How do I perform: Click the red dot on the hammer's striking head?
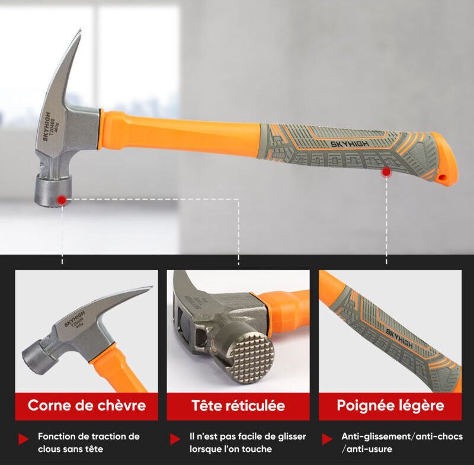click(62, 200)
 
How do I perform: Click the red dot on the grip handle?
click(386, 172)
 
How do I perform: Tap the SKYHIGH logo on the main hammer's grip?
click(350, 143)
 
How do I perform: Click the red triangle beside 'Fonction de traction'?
click(23, 439)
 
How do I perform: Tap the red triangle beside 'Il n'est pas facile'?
click(175, 439)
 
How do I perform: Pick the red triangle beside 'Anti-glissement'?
click(327, 439)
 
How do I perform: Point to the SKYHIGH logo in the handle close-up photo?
click(399, 339)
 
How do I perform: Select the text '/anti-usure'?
click(367, 449)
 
